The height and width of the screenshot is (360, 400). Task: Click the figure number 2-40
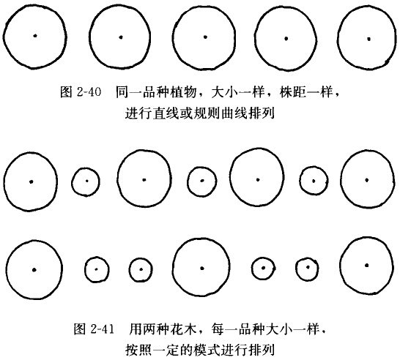89,91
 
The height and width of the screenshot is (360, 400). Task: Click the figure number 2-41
102,329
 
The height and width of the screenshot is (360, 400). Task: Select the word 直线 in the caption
166,113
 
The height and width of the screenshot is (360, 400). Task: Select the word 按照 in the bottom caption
138,350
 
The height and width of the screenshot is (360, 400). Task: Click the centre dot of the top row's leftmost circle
35,36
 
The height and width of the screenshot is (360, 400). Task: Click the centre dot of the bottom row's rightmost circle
367,266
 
